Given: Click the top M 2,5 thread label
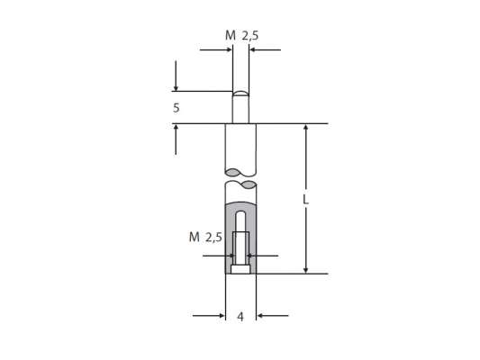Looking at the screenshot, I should click(240, 35).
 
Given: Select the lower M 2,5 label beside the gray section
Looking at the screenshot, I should click(205, 238).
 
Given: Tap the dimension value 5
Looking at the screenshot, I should click(177, 107).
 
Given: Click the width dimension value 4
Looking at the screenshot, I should click(240, 317).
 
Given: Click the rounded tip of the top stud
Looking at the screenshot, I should click(240, 93).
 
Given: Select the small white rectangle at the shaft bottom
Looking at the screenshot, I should click(240, 268).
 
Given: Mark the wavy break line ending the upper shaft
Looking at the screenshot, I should click(240, 171).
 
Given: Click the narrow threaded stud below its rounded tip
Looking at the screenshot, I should click(240, 110).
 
